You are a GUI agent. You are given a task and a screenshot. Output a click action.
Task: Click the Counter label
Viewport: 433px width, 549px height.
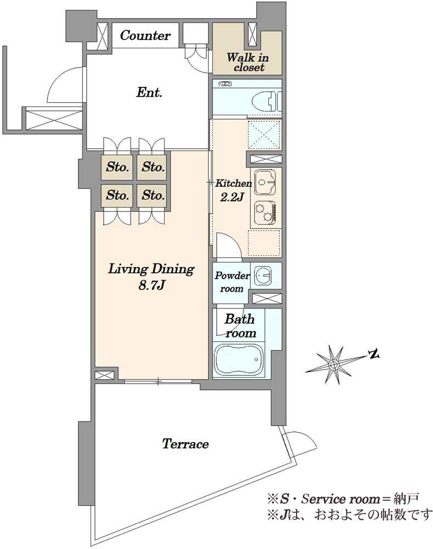point(145,36)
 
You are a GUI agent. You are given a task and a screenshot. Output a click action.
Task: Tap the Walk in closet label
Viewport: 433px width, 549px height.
point(248,62)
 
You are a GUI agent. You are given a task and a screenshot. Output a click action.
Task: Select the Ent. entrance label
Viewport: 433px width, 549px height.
point(149,93)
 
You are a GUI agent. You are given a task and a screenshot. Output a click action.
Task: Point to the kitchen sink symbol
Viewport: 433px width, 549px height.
point(265,182)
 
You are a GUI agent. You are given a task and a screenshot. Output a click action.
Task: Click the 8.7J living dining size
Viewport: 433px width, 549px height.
point(152,286)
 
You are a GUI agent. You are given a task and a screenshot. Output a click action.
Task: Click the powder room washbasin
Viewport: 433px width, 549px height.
point(264,275)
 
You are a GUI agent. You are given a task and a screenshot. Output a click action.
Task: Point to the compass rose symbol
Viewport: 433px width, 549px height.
point(333,364)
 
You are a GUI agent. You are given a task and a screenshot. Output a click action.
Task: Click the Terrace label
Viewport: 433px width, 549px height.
point(185,444)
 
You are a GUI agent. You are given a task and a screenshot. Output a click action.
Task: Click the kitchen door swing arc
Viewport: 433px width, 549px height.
point(229,245)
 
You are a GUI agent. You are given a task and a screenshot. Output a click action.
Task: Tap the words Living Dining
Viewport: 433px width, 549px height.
point(151,270)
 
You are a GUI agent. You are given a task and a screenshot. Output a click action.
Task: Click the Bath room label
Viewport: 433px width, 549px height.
point(241,326)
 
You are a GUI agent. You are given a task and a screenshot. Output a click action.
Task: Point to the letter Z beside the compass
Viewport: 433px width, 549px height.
point(375,354)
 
